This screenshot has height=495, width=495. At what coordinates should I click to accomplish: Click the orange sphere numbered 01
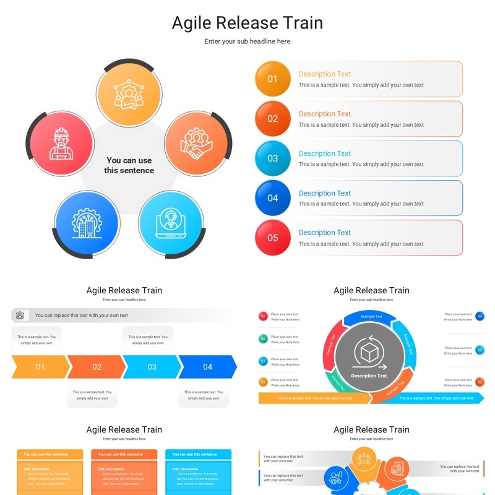point(273,79)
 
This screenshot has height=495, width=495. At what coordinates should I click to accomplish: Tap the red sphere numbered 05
point(273,238)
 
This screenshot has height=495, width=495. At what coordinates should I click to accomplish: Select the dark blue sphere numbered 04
point(273,198)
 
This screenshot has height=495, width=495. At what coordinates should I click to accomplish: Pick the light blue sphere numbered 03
point(273,158)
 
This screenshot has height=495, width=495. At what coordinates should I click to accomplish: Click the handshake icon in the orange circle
point(196,143)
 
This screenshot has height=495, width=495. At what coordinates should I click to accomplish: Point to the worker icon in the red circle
point(61,144)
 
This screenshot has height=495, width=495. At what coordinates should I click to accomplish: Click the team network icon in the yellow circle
point(129,93)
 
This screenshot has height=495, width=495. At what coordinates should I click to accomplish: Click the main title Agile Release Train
point(247,23)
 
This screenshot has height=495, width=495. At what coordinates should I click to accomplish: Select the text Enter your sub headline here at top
point(247,41)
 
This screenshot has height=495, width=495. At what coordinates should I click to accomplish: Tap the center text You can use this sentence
point(129,165)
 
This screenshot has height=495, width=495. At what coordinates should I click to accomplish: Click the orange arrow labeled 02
point(97,367)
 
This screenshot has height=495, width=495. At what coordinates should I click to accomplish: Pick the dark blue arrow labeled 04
point(208,367)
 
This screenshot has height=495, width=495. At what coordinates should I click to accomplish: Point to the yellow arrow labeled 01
point(40,367)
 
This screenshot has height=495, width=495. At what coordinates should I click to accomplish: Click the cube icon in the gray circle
point(370,353)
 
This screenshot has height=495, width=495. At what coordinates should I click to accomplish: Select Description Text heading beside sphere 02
point(324,114)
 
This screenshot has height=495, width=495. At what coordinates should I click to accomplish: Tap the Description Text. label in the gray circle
point(370,376)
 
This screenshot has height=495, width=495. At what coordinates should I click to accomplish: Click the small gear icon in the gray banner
point(20,316)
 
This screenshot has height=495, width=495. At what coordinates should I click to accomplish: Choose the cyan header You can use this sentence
point(198,454)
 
